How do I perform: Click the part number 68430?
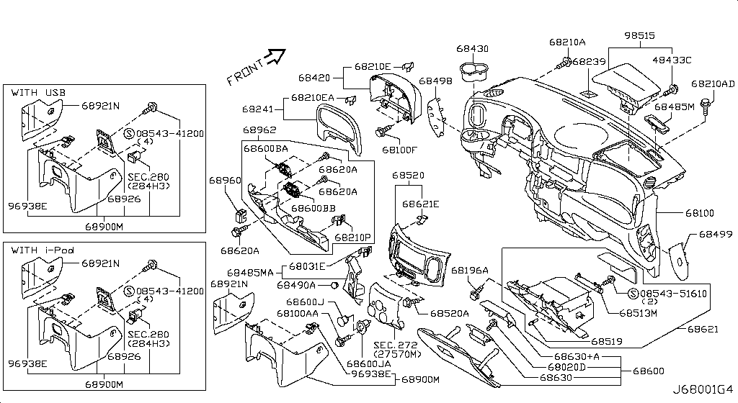pos(472,49)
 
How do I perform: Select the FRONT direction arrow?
pos(275,57)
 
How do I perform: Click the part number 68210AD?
pos(713,83)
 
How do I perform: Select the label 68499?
pos(715,235)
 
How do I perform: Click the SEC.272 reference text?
pos(394,345)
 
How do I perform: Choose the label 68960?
pos(225,181)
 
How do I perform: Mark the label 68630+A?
pos(576,356)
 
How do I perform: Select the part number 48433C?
pos(671,60)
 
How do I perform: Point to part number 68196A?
pos(470,270)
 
